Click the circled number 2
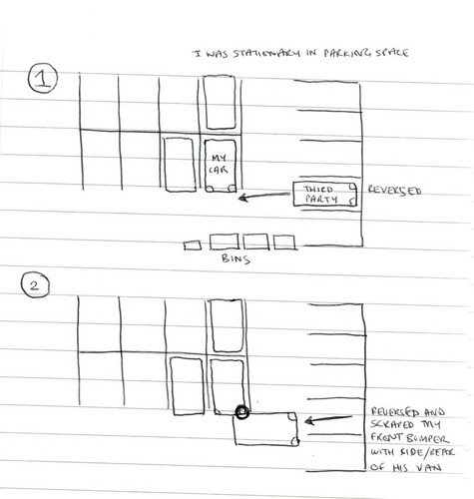coord(32,286)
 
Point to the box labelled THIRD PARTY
coord(326,194)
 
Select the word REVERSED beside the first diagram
coord(394,189)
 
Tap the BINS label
coord(236,258)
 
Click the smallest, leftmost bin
coord(190,244)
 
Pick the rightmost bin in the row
coord(284,242)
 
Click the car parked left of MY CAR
coord(179,167)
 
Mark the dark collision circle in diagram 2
coord(240,411)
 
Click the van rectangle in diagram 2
coord(264,429)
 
